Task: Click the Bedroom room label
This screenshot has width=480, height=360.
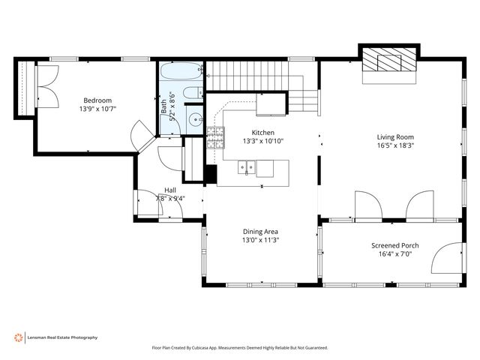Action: pos(97,100)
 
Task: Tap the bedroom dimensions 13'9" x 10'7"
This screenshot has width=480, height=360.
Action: pos(97,109)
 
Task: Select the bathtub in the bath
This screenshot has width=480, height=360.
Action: pos(179,73)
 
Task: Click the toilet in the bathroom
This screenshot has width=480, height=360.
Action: pos(192,94)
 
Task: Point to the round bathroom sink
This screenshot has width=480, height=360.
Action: pos(194,118)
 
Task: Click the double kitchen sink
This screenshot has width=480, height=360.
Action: pos(247,167)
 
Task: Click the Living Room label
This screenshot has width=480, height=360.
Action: pos(395,136)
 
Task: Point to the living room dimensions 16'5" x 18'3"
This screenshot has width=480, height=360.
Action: pos(395,145)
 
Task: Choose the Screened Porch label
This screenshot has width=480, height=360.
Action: pos(395,246)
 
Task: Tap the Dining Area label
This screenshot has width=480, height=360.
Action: pos(260,232)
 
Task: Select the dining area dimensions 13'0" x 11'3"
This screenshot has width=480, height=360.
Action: pos(260,241)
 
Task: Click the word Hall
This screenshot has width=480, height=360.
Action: pos(170,190)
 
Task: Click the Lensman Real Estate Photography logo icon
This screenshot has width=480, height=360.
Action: pos(18,337)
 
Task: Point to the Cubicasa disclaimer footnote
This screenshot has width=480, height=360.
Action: pos(240,348)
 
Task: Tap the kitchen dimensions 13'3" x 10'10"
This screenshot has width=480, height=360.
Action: pos(262,141)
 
